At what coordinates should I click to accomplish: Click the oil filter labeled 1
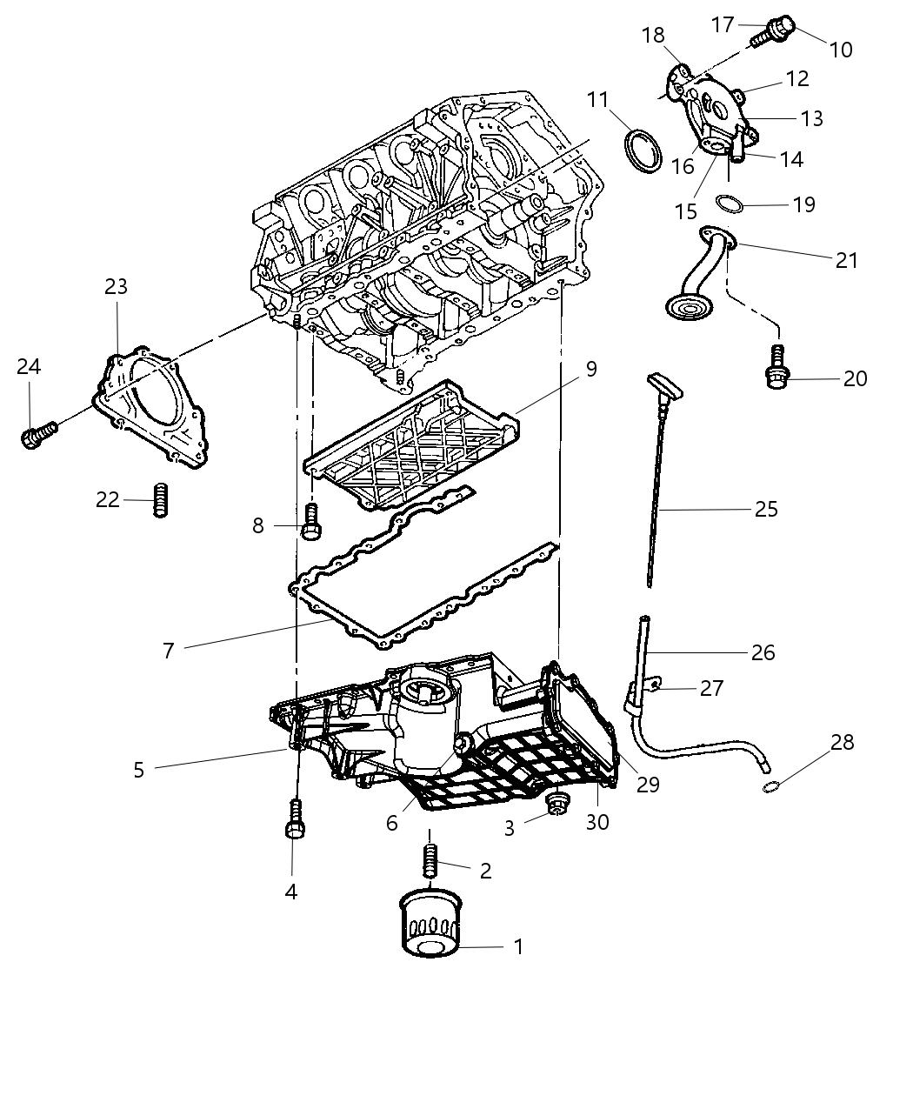(x=429, y=925)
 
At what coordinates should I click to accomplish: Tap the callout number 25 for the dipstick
(x=765, y=509)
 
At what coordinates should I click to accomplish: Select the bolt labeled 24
(x=37, y=434)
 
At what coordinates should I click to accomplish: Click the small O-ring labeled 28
(x=768, y=787)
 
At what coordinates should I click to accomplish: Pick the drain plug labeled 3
(x=554, y=806)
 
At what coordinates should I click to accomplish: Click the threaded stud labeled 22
(x=159, y=499)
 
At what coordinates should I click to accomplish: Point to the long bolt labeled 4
(x=294, y=819)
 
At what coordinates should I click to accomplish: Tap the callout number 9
(x=591, y=369)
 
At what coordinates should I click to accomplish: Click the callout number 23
(x=116, y=286)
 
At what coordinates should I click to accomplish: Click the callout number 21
(x=845, y=259)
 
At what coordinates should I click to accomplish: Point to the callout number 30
(x=597, y=821)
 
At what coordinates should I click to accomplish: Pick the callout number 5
(x=138, y=769)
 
